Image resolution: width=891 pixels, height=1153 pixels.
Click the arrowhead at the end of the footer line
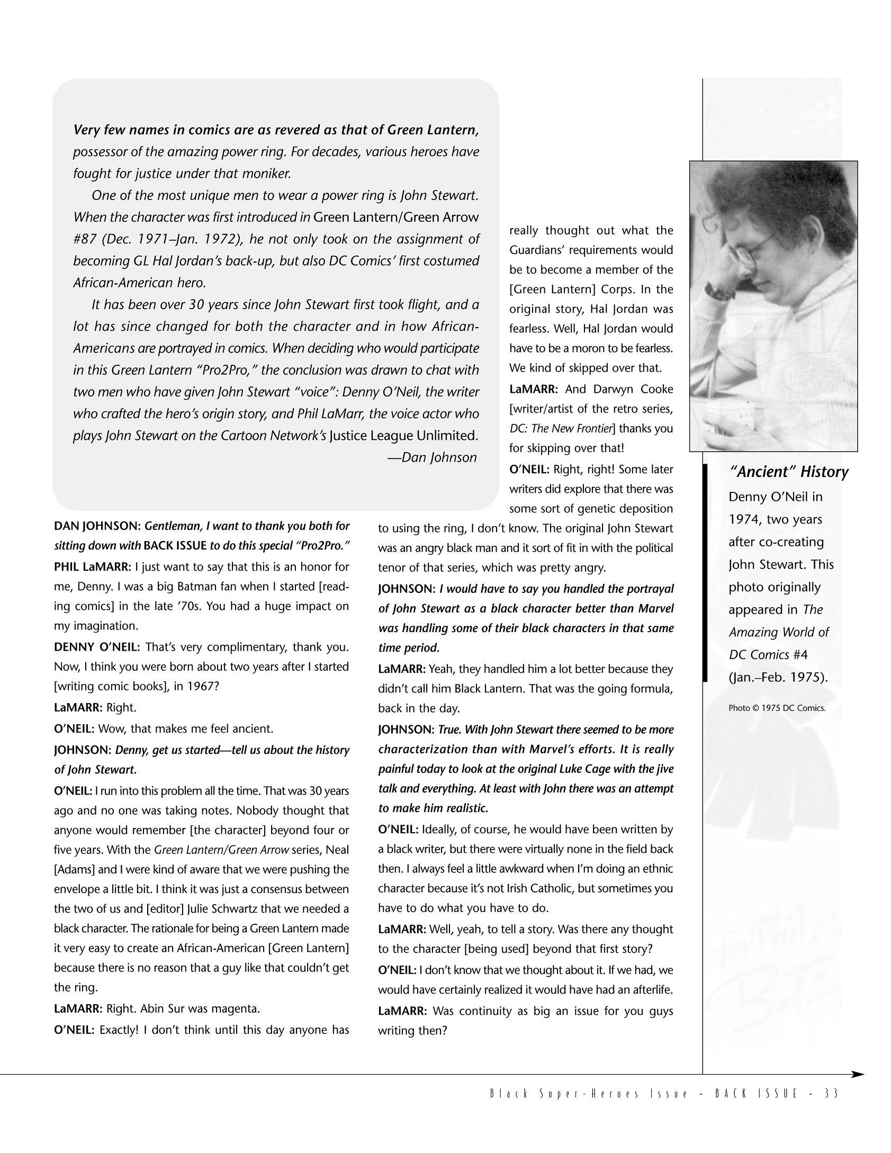[857, 1074]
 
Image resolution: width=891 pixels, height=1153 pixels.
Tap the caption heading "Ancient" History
[788, 472]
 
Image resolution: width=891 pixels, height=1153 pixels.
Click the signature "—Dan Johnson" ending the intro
[432, 457]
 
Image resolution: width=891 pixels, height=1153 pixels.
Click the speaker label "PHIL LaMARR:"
[92, 567]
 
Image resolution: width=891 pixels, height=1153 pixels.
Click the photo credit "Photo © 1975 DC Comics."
[777, 708]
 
